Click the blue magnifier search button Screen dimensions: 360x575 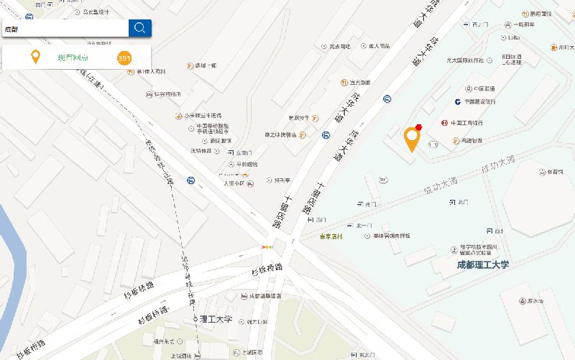coord(139,28)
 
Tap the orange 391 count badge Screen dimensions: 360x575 coord(124,58)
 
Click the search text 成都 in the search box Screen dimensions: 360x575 coord(12,29)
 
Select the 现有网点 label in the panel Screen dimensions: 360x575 coord(73,58)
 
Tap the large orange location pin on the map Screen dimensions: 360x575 coord(412,139)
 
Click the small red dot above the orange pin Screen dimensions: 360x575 coord(418,126)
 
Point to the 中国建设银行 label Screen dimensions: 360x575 coord(479,101)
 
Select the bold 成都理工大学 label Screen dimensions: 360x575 coord(482,265)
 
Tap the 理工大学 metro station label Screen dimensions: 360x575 coord(216,318)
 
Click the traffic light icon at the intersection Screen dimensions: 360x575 coord(267,247)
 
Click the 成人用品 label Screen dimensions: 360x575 coord(379,46)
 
